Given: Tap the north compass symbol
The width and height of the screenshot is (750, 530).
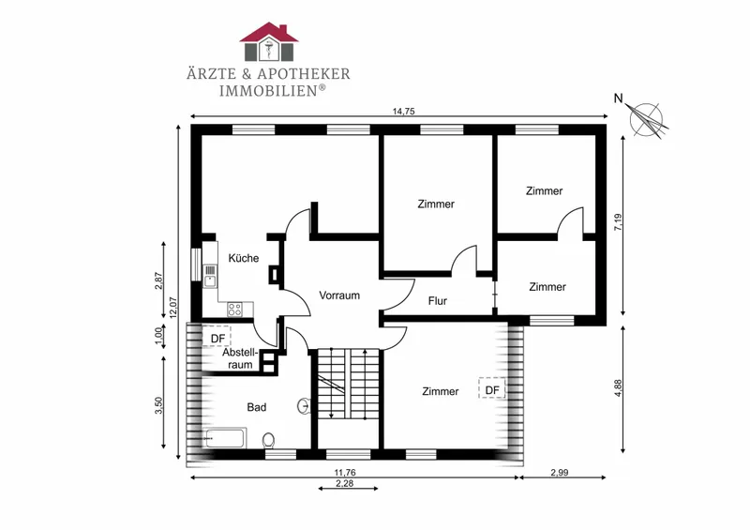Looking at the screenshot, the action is coord(647,120).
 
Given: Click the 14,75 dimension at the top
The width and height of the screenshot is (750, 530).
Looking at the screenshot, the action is coord(403,112).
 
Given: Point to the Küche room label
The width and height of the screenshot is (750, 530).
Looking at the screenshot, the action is coord(244,258).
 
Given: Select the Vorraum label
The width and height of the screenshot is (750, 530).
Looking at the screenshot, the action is coord(339,295).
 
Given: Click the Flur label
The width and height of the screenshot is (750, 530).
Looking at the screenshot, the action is coord(438,301).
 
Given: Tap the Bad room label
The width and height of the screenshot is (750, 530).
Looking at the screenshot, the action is coord(256,407).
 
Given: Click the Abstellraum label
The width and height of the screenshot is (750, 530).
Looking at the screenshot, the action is coord(240,358).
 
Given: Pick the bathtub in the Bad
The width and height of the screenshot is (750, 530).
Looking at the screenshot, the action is coord(225,437).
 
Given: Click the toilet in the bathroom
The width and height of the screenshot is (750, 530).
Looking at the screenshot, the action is coord(268,441).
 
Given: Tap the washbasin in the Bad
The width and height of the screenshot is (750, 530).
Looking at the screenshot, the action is coord(304,406).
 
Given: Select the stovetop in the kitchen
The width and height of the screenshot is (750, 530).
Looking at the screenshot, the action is coord(234,310).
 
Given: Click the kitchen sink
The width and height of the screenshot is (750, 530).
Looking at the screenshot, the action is coord(210,277).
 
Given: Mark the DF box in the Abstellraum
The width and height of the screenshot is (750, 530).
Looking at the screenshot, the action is coord(217,338).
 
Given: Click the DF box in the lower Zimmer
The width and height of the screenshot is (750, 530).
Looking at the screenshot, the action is coord(492,389).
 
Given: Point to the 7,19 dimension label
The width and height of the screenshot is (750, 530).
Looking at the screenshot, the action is coord(618,222).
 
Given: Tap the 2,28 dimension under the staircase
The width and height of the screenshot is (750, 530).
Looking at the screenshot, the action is coord(344,483).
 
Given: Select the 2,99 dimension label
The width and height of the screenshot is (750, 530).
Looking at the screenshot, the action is coord(559,472).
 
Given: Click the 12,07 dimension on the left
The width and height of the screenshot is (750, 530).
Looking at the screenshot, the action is coord(173,308).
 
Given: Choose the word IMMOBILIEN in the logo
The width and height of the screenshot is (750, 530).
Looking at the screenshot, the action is coord(268,90).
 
